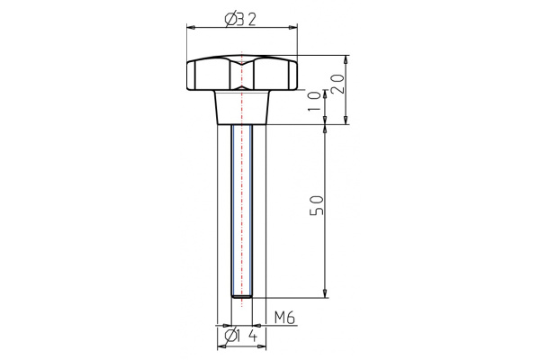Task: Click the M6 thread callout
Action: click(x=284, y=317)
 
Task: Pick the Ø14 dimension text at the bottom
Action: click(x=241, y=337)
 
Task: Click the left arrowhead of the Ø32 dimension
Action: click(x=189, y=27)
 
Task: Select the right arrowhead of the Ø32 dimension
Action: click(x=293, y=27)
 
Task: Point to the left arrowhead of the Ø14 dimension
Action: click(x=220, y=347)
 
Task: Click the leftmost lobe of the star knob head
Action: click(x=192, y=75)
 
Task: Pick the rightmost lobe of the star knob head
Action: click(x=292, y=75)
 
